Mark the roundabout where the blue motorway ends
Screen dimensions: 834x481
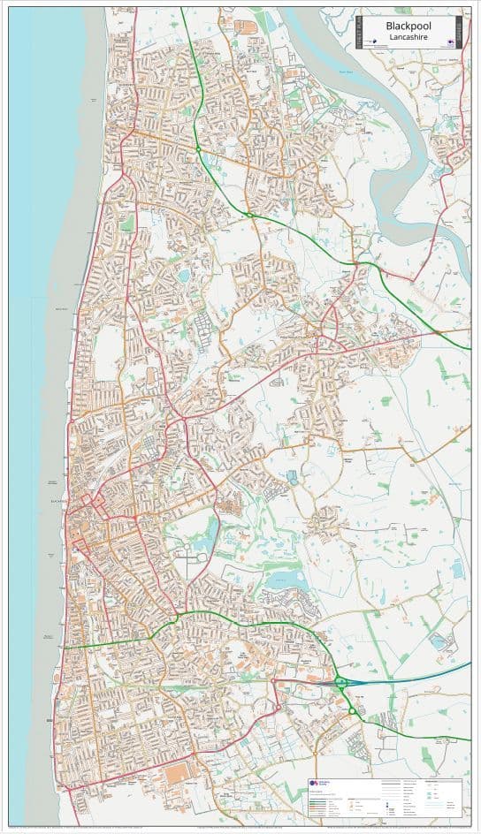pyautogui.click(x=340, y=681)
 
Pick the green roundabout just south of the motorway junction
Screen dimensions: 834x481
pyautogui.click(x=352, y=710)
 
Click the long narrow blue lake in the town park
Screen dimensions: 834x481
pyautogui.click(x=210, y=533)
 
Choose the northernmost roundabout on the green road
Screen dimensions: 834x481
pyautogui.click(x=250, y=215)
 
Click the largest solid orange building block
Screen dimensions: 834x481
pyautogui.click(x=177, y=773)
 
